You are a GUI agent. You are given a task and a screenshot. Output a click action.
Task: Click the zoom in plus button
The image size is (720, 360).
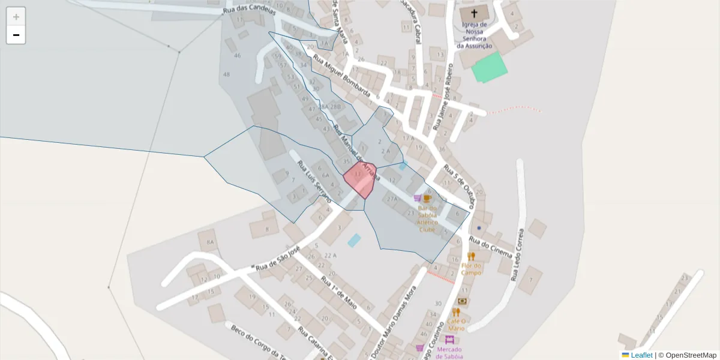[x=16, y=17]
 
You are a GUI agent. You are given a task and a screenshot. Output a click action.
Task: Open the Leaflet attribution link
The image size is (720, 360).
[x=641, y=355]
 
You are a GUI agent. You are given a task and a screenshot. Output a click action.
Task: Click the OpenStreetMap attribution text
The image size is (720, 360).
[x=691, y=355]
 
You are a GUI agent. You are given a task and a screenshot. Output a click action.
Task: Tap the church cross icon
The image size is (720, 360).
[x=474, y=13]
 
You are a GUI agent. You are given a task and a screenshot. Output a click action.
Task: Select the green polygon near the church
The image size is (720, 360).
[x=490, y=67]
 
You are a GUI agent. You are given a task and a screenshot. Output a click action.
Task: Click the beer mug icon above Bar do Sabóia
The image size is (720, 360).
[x=427, y=199]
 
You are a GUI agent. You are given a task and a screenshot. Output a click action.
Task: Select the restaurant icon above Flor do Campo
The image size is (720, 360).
[x=471, y=256]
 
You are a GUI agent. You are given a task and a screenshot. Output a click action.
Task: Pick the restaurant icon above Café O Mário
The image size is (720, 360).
[x=456, y=312]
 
